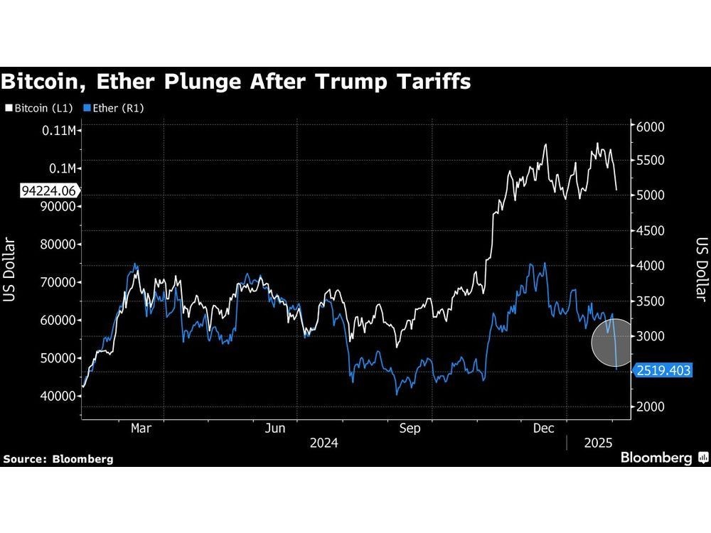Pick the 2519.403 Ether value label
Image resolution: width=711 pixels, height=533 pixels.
664,371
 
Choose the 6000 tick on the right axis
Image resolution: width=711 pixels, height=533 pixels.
650,126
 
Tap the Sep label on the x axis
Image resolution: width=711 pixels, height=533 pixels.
411,429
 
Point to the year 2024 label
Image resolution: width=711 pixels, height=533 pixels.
323,443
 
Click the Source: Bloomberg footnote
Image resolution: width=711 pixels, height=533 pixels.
58,459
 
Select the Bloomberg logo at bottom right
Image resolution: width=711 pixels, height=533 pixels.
663,458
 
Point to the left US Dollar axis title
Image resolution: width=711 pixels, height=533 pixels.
9,270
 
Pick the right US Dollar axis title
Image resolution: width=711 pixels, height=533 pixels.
701,270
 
